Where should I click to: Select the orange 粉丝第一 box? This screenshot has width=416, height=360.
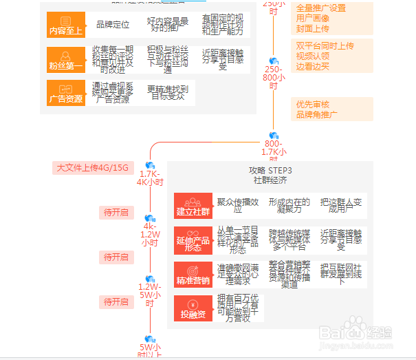pos(66,61)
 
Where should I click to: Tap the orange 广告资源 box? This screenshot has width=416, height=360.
pos(66,93)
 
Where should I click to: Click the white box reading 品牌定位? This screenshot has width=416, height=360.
pos(113,25)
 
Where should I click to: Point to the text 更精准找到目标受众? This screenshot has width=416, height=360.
pos(166,92)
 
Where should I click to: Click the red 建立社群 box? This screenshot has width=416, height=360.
pos(193,205)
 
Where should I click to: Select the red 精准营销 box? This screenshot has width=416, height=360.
pos(193,273)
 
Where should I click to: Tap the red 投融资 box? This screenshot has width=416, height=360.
pos(193,307)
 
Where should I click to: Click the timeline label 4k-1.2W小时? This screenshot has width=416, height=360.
pos(150,235)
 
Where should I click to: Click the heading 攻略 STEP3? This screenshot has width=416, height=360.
pos(270,170)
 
